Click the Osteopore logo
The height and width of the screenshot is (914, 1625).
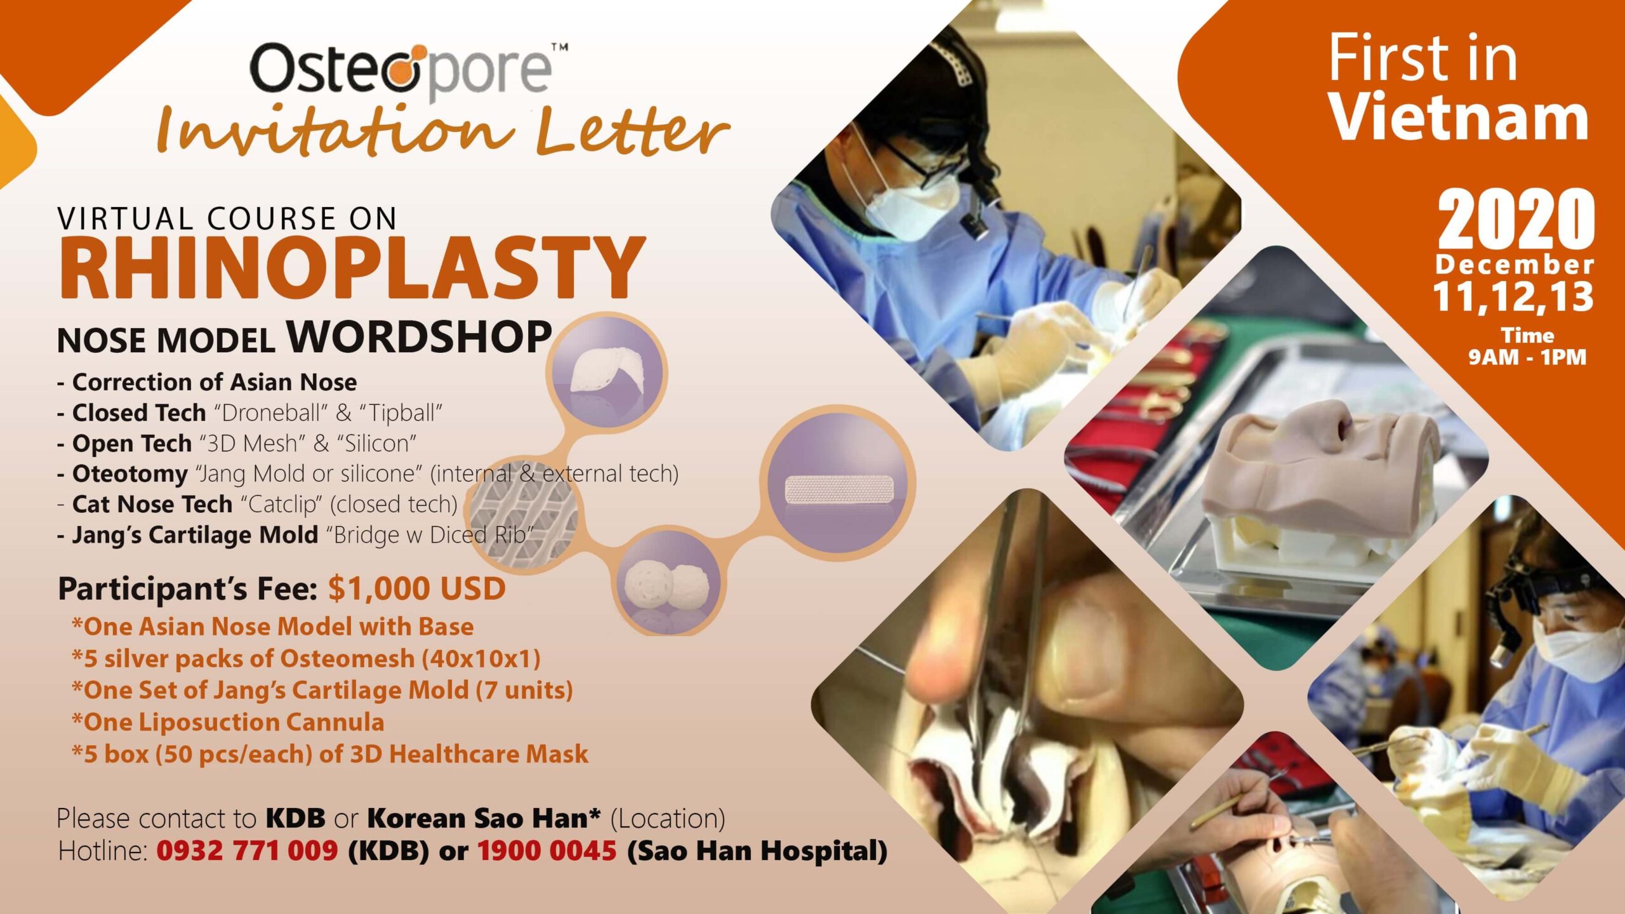[x=409, y=69]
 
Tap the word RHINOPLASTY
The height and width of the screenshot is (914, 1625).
[x=352, y=268]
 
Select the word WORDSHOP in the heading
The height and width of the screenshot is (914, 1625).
[x=419, y=336]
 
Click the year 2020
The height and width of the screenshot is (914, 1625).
[x=1516, y=219]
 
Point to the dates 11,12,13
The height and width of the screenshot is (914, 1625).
[x=1513, y=297]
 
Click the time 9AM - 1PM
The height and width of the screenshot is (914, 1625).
[x=1527, y=357]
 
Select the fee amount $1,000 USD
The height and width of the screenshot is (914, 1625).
[x=417, y=588]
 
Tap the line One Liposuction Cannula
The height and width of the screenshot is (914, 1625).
[x=229, y=722]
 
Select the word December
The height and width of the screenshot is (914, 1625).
[x=1515, y=265]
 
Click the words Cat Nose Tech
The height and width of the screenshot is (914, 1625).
[x=152, y=504]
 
